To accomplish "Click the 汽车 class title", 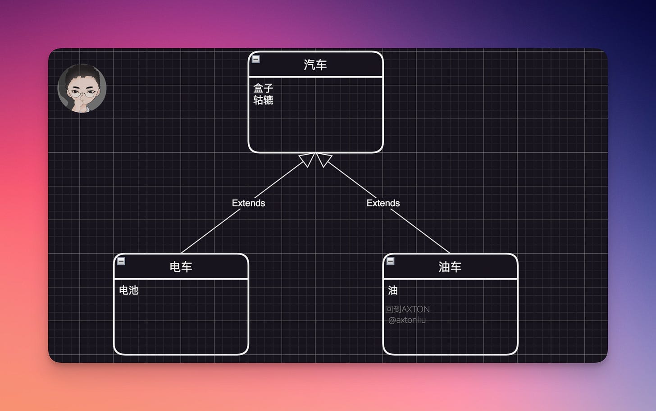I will click(315, 65).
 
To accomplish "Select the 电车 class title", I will click(181, 267).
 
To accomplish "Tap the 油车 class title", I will click(450, 267).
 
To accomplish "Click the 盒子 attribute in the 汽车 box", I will click(263, 88).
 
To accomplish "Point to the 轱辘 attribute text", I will click(263, 100).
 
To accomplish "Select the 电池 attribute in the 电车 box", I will click(128, 290).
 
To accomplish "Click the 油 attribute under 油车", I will click(393, 290).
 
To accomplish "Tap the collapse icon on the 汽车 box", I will click(255, 59).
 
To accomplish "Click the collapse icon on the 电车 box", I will click(121, 261).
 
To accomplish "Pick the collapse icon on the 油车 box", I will click(391, 261).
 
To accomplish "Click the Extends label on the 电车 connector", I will click(248, 203).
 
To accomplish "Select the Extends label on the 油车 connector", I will click(383, 203).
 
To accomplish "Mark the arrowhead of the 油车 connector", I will click(323, 159).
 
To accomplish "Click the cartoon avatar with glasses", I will click(82, 88).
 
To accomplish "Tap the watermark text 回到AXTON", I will click(407, 309).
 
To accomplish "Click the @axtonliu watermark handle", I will click(407, 320).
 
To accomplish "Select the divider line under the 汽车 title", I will click(315, 77).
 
